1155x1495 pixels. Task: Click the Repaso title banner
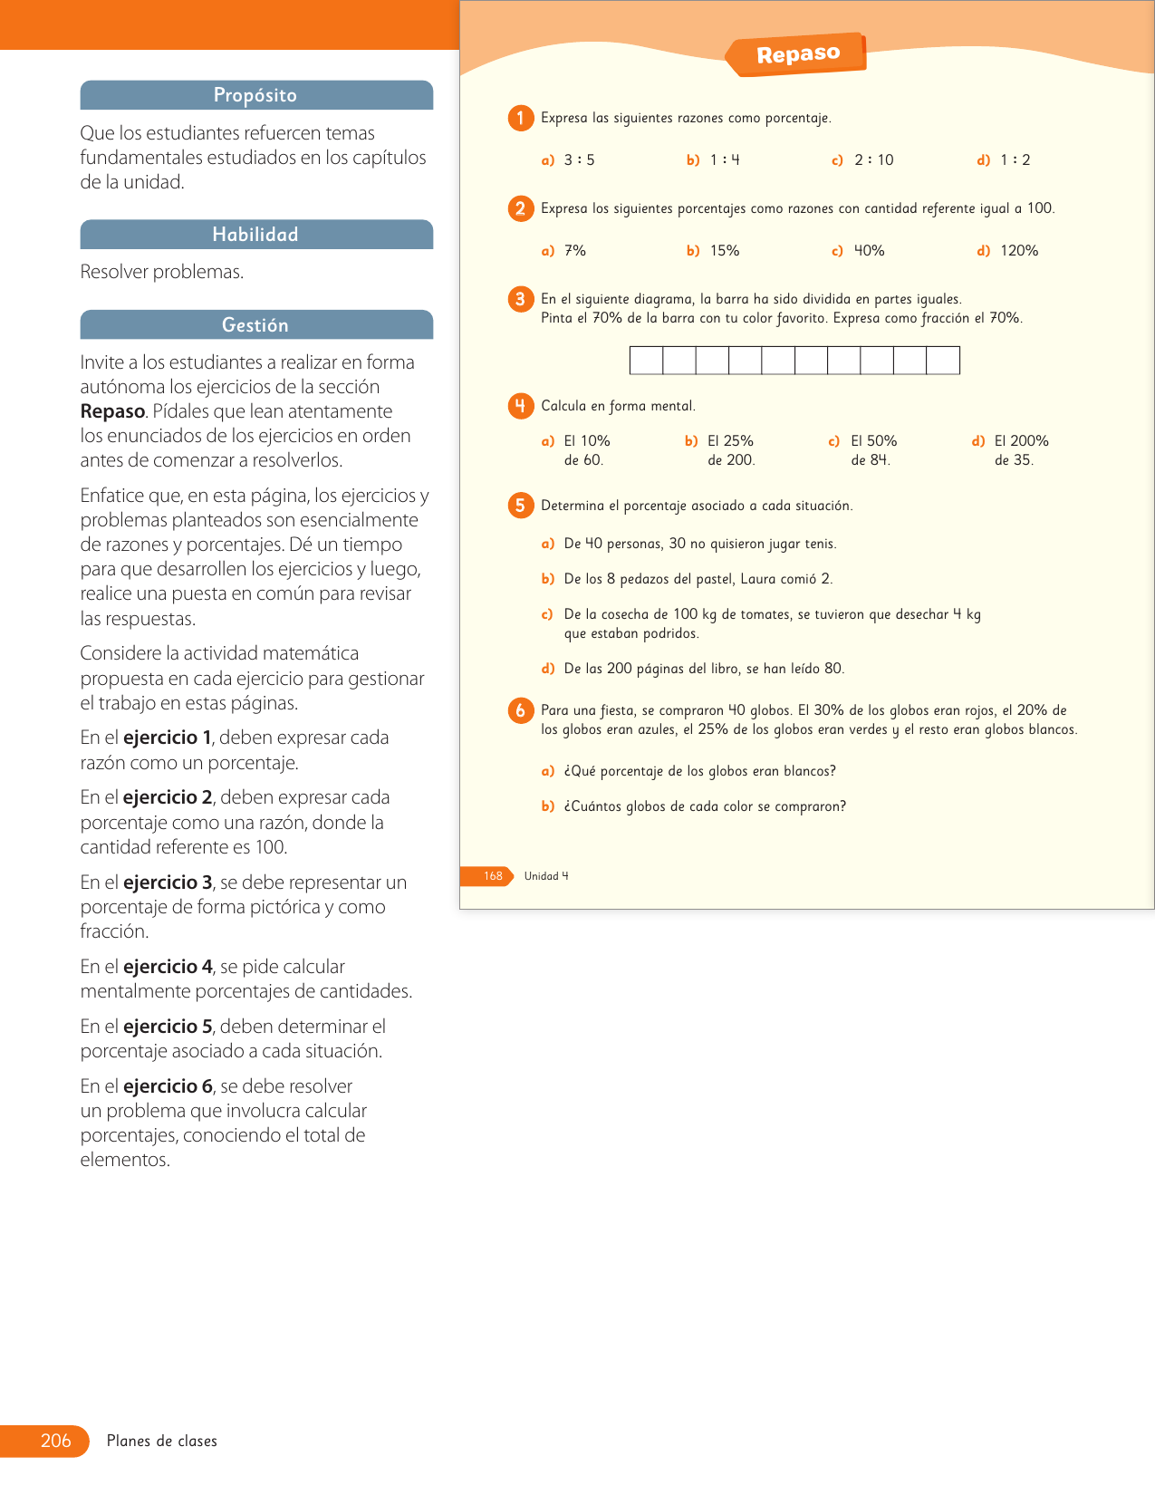tap(797, 54)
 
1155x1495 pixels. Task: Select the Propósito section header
tap(255, 95)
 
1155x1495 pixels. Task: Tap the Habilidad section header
tap(255, 235)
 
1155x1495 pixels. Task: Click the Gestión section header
tap(255, 325)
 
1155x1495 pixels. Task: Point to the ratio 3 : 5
tap(579, 160)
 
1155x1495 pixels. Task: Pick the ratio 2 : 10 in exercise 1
tap(873, 160)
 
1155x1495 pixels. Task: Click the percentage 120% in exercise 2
tap(1019, 251)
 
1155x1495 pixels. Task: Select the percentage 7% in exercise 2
tap(575, 251)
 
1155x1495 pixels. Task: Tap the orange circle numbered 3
tap(520, 299)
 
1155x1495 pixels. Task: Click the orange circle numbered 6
tap(520, 710)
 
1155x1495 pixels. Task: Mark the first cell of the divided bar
tap(646, 361)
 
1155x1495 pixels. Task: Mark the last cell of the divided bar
tap(943, 361)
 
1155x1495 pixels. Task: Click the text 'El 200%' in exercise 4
tap(1021, 441)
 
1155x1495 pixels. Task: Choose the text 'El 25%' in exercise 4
tap(730, 441)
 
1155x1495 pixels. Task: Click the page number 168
tap(493, 876)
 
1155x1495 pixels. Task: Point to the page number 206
tap(55, 1441)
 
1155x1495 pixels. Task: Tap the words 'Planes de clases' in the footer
tap(162, 1441)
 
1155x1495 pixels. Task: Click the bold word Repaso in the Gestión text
tap(112, 411)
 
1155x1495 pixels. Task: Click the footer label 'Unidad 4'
tap(546, 876)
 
